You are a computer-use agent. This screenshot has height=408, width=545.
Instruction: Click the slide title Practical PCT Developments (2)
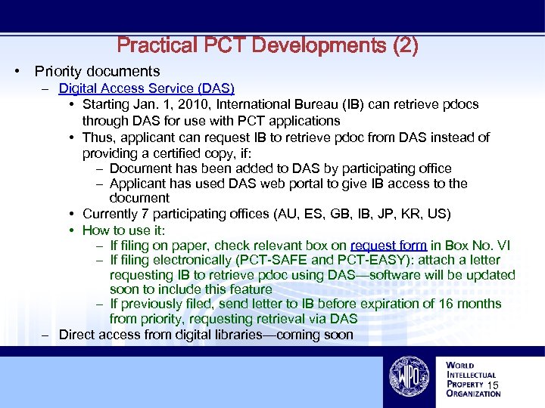point(267,45)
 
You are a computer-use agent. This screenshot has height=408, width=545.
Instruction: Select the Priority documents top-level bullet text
point(97,72)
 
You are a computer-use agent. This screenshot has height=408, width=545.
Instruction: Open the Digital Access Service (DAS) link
point(146,89)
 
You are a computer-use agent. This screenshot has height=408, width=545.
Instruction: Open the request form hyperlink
point(389,246)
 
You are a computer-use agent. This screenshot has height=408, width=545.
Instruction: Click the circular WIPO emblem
point(409,376)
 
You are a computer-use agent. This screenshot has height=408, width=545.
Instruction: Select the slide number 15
point(494,387)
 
